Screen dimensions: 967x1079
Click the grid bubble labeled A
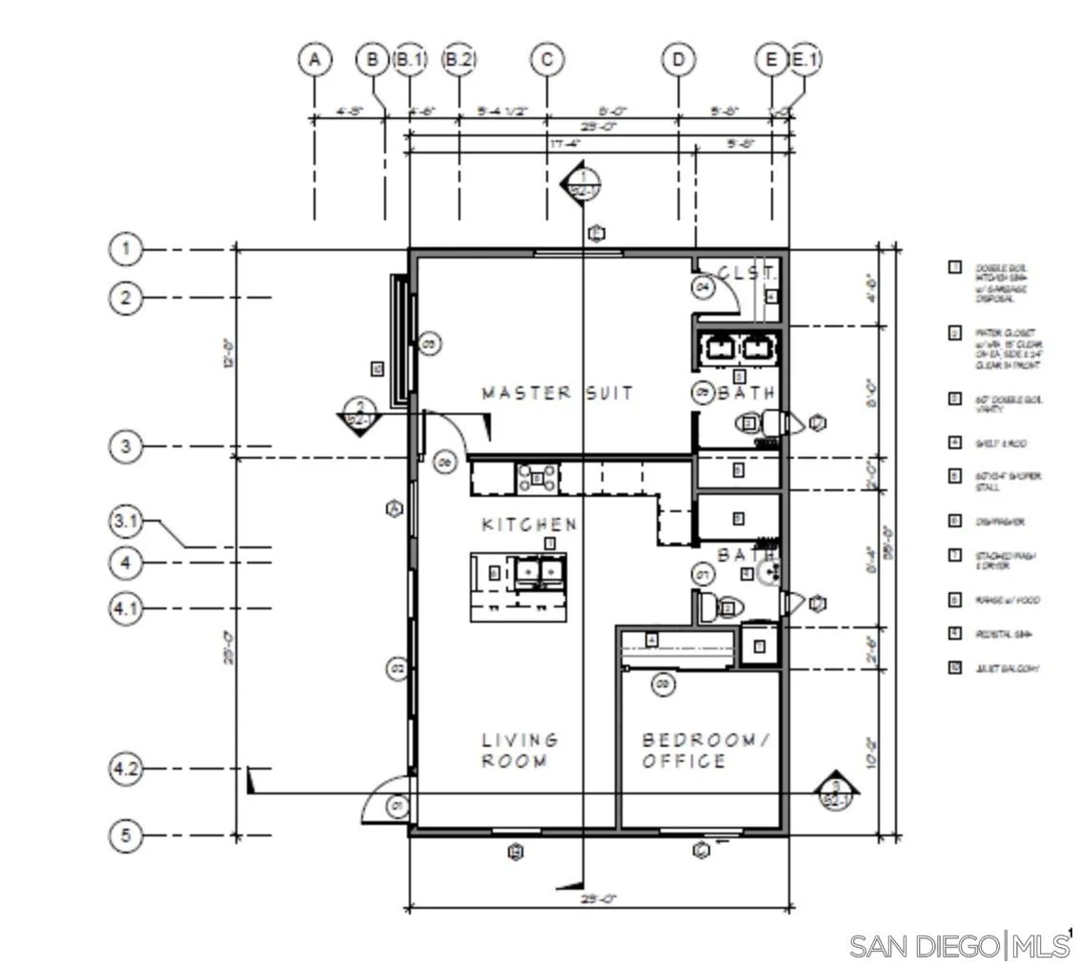(x=315, y=60)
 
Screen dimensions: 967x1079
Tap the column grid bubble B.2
(x=458, y=60)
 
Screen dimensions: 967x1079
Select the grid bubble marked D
(x=678, y=60)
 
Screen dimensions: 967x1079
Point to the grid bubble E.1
(x=805, y=60)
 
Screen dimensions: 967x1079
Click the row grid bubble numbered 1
(x=125, y=250)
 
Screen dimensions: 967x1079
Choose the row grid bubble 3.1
(x=125, y=521)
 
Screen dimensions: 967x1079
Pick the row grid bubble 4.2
(x=125, y=769)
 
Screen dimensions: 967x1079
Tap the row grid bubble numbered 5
(x=125, y=836)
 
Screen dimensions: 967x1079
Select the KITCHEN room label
(x=529, y=525)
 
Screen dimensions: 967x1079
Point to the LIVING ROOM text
(x=519, y=751)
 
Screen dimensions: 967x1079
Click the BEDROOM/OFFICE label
(x=704, y=751)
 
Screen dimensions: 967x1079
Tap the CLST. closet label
(x=747, y=274)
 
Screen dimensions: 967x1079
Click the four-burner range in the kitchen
(x=538, y=479)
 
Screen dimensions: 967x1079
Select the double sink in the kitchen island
(x=539, y=572)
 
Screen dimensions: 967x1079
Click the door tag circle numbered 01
(x=397, y=807)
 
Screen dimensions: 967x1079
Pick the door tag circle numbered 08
(x=663, y=684)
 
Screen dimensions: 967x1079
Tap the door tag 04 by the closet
(x=703, y=285)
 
